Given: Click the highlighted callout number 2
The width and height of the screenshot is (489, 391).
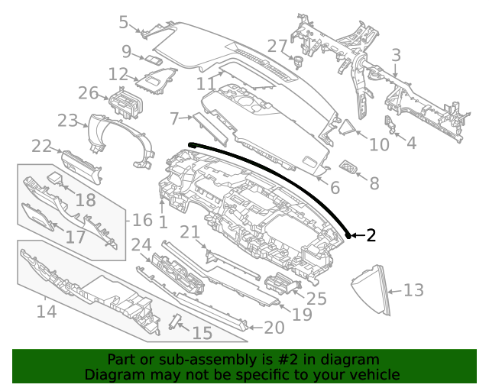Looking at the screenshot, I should [x=371, y=235].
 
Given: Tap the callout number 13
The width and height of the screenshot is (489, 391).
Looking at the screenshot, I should [x=413, y=290].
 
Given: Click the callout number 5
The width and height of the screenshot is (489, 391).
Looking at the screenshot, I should [x=124, y=22].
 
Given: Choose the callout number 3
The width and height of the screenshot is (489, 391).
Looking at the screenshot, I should [x=396, y=55].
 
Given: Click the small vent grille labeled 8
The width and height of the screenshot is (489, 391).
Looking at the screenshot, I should [x=349, y=167].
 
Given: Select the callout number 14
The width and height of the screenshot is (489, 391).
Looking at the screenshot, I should [x=47, y=312].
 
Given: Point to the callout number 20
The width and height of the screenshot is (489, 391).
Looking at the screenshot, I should [x=274, y=328].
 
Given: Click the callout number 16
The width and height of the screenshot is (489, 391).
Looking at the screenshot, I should [x=143, y=221].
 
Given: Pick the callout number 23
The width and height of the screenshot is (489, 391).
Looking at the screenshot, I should [x=68, y=121].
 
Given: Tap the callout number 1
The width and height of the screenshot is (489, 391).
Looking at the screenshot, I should [x=163, y=221].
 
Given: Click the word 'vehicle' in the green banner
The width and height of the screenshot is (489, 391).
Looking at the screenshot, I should [x=374, y=374].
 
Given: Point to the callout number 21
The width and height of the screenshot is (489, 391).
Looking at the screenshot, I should [x=189, y=232].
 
